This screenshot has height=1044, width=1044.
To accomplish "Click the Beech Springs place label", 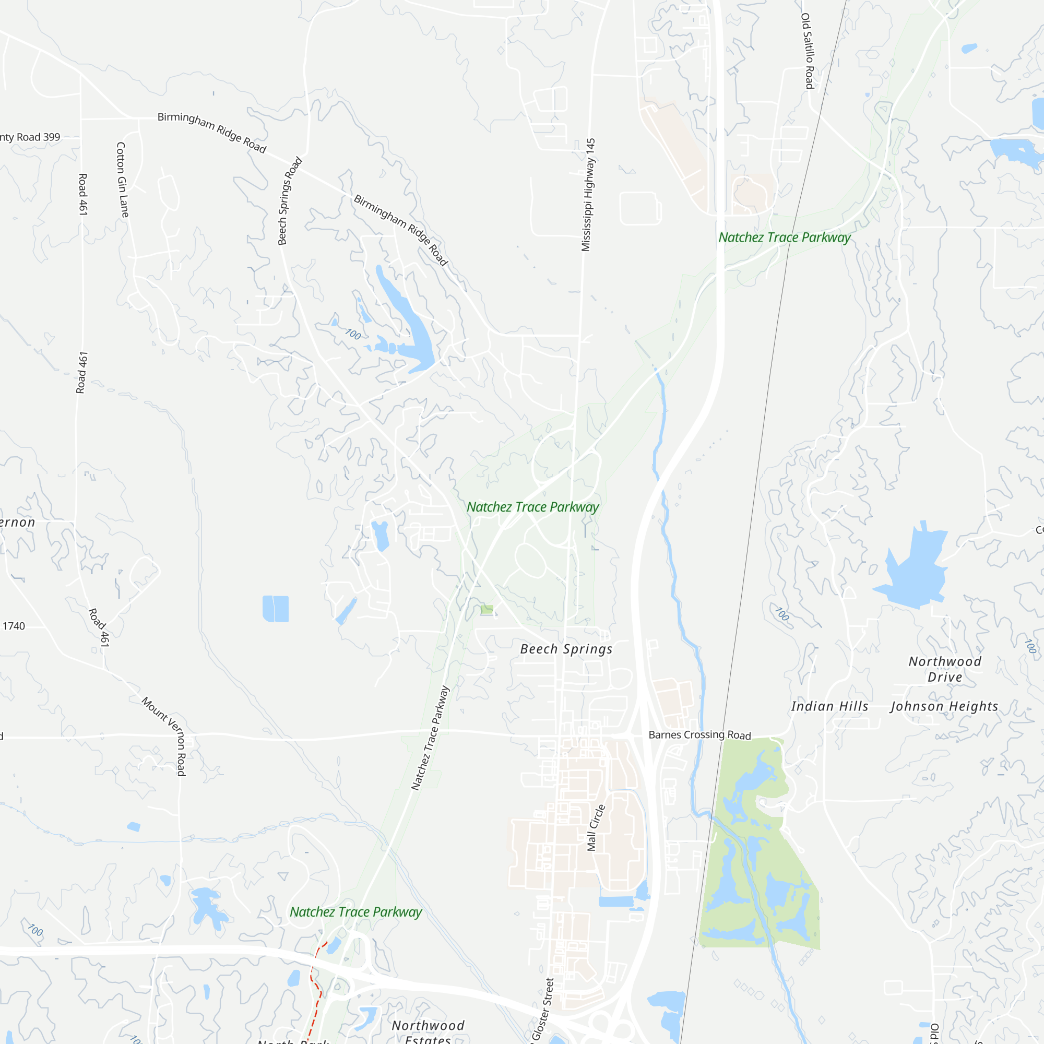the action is (x=566, y=649).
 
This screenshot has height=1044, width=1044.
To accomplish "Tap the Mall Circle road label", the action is (x=596, y=827).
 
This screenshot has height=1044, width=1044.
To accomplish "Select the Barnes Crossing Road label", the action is (x=699, y=735).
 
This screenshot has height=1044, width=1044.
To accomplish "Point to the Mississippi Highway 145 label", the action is (x=588, y=195).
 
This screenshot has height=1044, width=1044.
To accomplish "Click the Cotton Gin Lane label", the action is (x=123, y=180).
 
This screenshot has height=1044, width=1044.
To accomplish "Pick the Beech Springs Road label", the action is (x=290, y=200).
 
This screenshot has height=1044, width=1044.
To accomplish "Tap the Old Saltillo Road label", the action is (x=807, y=51).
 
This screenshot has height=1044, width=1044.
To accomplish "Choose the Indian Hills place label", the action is (x=829, y=706).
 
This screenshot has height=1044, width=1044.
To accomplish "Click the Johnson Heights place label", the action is (x=944, y=706).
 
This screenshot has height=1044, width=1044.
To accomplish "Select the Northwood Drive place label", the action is (x=945, y=669).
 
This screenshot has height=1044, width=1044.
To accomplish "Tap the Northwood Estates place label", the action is (x=428, y=1032).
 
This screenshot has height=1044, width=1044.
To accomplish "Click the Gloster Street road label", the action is (x=542, y=1009).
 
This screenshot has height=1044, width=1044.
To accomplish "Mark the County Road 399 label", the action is (x=30, y=137).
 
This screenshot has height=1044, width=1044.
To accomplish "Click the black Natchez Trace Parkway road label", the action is (x=430, y=738).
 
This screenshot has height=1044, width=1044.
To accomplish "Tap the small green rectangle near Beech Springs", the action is (x=487, y=610).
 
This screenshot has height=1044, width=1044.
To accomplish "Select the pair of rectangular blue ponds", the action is (x=275, y=609).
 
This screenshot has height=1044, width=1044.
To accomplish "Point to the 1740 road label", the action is (x=14, y=626).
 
